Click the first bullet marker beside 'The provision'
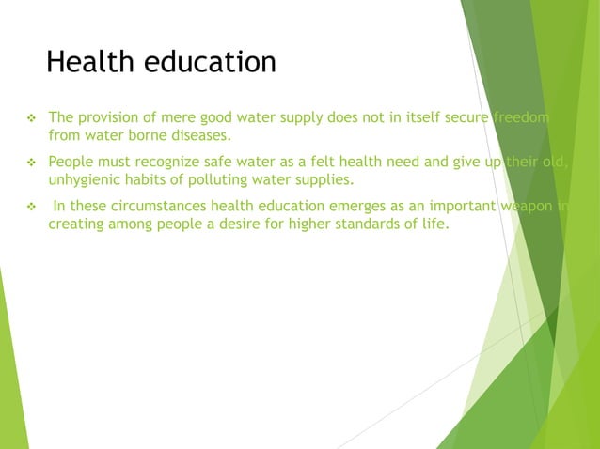[x=30, y=118]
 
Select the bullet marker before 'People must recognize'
[x=30, y=162]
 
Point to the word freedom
[x=522, y=118]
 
